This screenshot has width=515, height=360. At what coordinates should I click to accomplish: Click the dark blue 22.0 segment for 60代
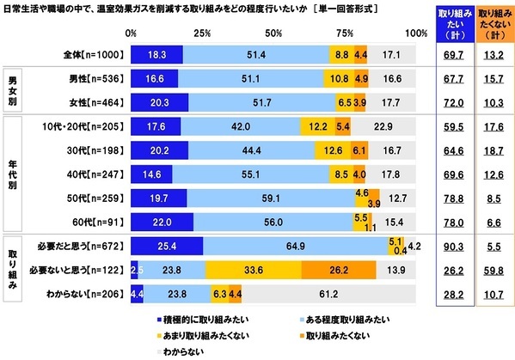pos(162,221)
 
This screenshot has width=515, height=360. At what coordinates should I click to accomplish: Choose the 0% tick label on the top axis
pos(132,33)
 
